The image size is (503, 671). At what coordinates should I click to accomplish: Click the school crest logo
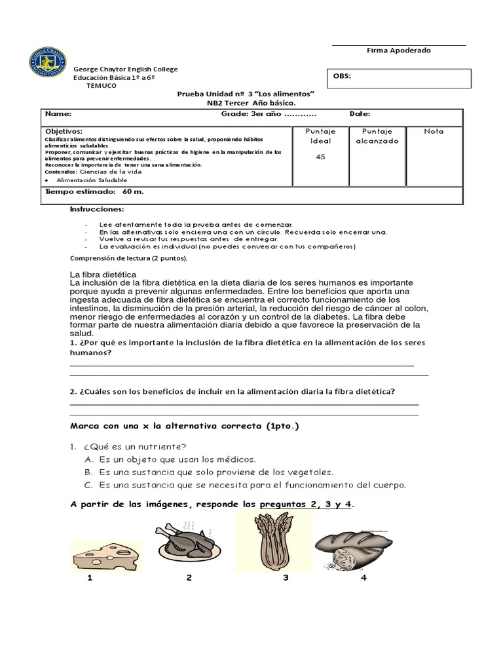47,63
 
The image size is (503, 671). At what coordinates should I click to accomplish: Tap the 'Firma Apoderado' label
398,51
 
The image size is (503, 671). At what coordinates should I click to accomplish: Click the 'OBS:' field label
342,76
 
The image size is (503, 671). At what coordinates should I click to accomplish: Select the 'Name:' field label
57,114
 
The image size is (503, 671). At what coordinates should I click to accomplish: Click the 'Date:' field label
360,114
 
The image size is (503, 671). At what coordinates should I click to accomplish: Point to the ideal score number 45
320,157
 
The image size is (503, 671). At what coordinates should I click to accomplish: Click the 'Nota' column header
434,132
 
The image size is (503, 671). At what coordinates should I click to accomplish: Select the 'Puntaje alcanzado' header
377,136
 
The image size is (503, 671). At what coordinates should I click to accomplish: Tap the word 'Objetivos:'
64,131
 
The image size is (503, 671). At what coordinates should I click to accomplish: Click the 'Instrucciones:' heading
97,209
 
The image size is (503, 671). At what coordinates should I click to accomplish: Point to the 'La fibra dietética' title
103,274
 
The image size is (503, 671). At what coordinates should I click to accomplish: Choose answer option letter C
88,486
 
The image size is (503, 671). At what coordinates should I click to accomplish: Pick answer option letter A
88,460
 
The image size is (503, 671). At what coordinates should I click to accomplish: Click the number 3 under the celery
286,578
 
